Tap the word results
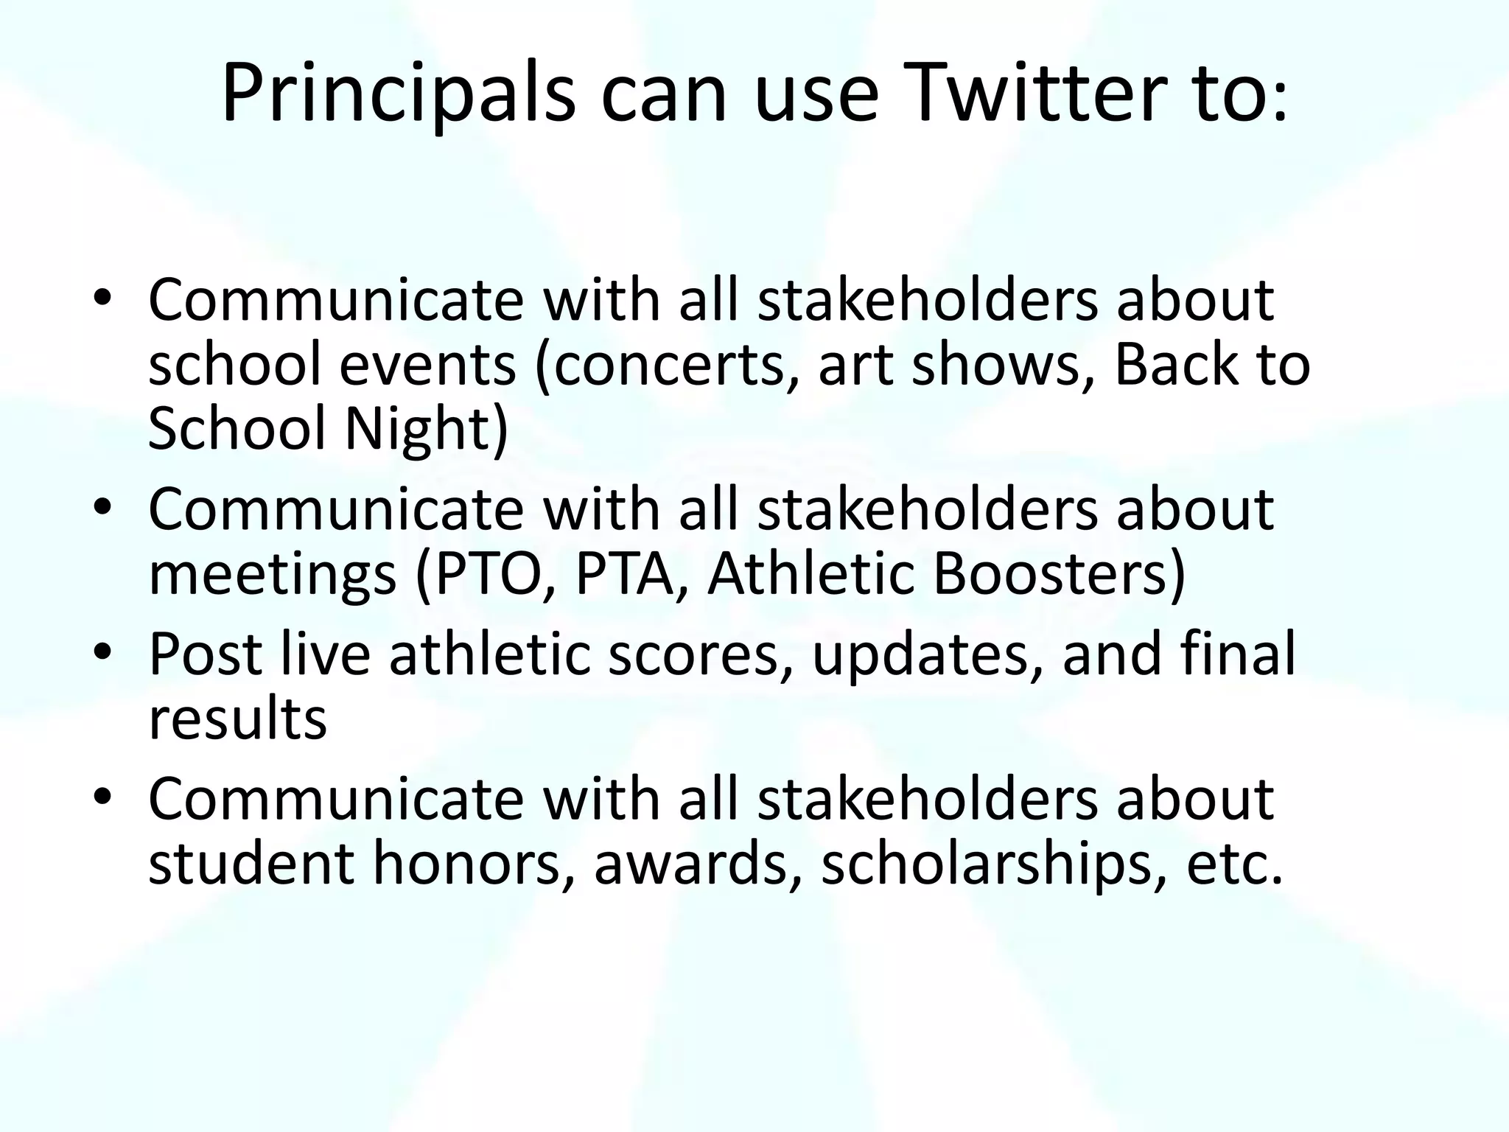pos(237,719)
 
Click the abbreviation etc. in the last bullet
pos(1235,864)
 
